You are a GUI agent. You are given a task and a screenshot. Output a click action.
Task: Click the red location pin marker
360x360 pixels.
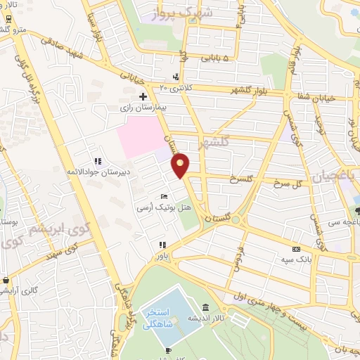(x=181, y=165)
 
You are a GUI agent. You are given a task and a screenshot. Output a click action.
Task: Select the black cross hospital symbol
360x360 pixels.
(x=143, y=96)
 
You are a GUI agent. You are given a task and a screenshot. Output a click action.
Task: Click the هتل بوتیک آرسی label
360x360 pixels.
(x=165, y=209)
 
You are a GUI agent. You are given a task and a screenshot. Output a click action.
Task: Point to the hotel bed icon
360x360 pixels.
(x=164, y=196)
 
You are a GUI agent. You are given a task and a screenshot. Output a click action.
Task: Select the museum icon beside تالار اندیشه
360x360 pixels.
(x=205, y=307)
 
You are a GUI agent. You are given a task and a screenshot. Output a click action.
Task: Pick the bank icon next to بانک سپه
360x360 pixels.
(x=295, y=249)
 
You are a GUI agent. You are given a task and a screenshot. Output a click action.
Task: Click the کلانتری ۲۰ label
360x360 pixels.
(x=175, y=87)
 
